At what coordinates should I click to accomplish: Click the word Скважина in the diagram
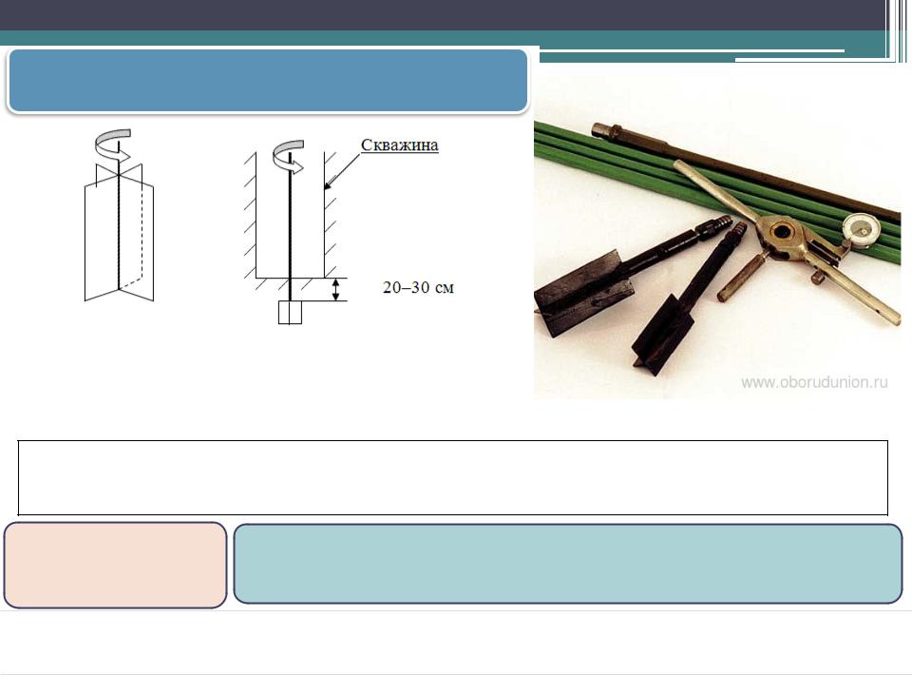399,145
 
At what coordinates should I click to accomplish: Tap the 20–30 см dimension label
418,287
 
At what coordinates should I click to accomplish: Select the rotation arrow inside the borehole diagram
289,155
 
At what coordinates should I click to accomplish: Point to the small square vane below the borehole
291,312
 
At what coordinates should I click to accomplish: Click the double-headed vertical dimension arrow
335,289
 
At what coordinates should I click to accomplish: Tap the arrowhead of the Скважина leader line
328,185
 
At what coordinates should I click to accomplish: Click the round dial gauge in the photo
860,230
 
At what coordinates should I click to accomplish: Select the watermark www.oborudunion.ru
814,382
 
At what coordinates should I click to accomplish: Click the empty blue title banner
268,80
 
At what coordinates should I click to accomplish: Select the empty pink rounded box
115,565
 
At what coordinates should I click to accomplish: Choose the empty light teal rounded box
568,564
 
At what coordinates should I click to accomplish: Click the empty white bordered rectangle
453,478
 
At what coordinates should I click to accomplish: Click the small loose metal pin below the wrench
737,279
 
